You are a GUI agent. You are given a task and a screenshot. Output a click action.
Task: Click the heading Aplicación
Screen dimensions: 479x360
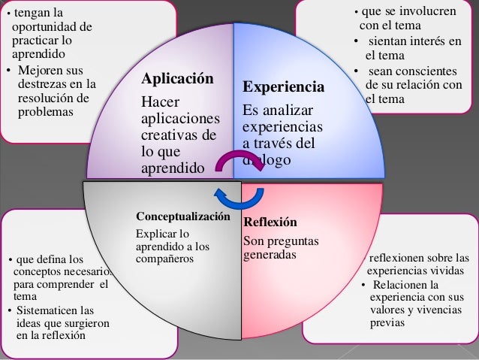pos(177,80)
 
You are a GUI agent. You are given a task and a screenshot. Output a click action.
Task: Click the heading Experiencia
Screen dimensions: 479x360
pos(284,88)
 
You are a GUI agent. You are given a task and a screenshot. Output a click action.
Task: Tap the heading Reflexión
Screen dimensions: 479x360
pos(270,222)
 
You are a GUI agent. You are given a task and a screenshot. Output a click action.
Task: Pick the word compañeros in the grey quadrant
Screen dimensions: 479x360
pos(164,259)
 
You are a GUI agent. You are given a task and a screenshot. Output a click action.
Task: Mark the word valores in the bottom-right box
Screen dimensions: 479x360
pos(388,310)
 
